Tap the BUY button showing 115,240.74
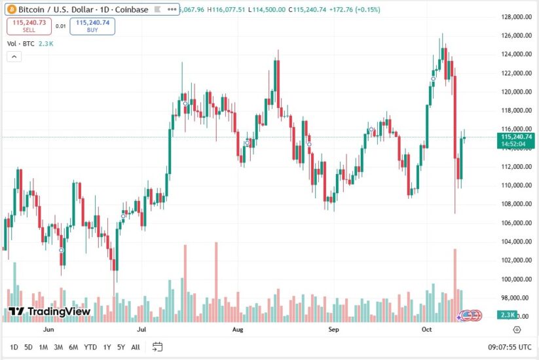pos(92,26)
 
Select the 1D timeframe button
pos(14,347)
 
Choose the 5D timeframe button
pos(28,347)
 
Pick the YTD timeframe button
pos(90,347)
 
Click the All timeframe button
pos(136,347)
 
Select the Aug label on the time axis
pos(238,330)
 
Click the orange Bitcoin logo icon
pos(10,10)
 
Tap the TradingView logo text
pos(50,312)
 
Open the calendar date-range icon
pos(157,347)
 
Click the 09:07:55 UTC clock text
pos(500,347)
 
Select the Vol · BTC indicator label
pos(21,43)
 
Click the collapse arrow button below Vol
pos(14,57)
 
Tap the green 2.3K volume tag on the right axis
pos(508,315)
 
